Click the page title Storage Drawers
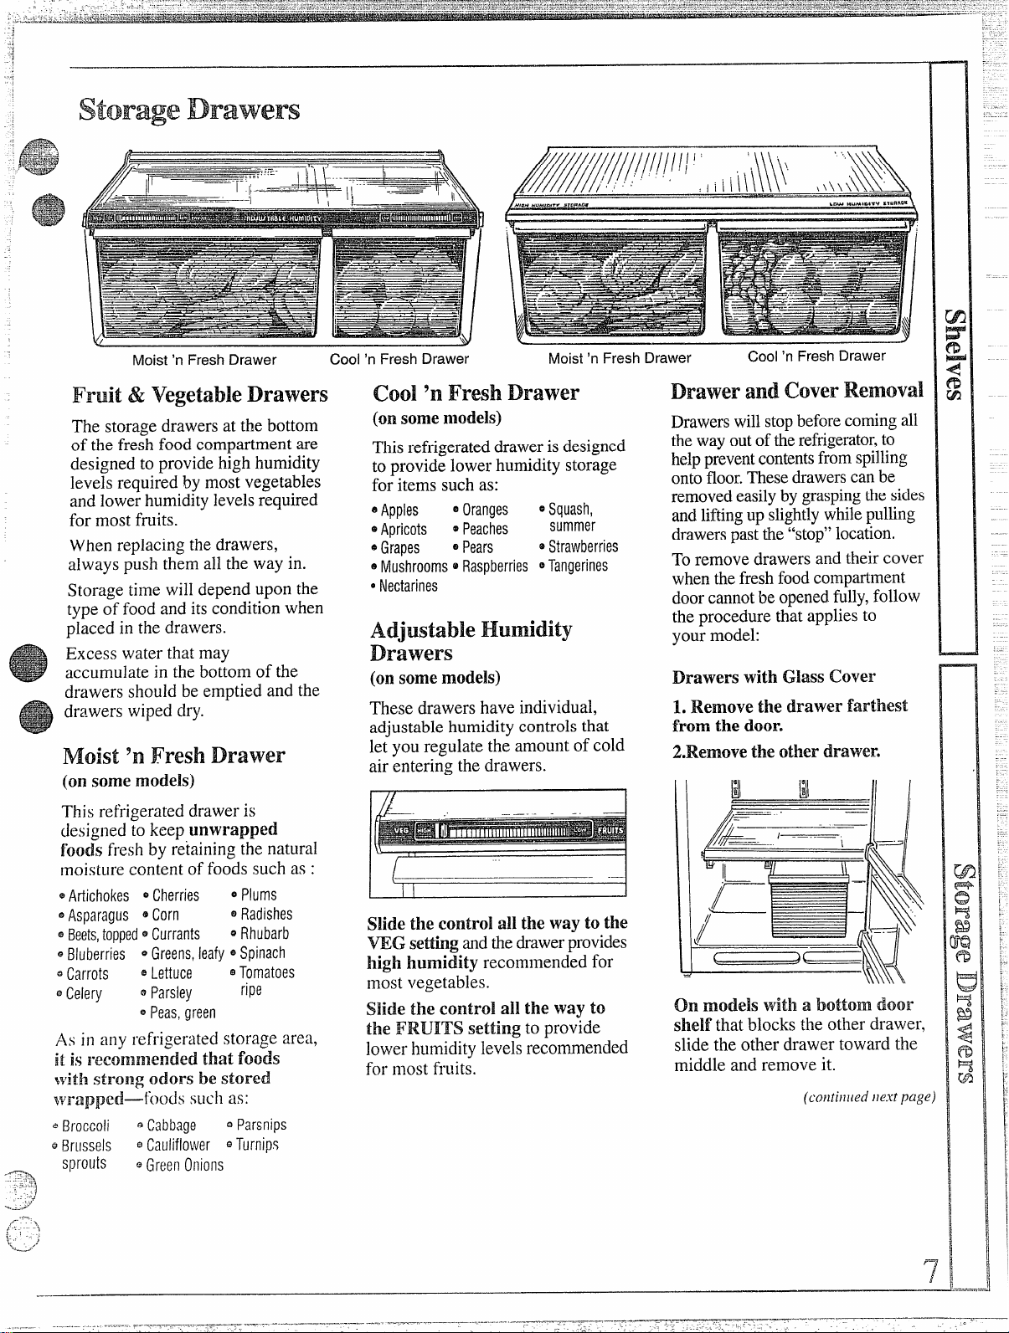pos(189,110)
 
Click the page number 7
pos(930,1271)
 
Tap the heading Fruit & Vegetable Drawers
pos(200,395)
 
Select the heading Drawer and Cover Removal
pos(796,391)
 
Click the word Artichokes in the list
pos(99,895)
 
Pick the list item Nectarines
pos(409,586)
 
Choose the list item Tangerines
pos(578,566)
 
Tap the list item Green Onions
pos(185,1165)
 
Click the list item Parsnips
pos(261,1125)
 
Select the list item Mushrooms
pos(414,567)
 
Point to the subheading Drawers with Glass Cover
pos(774,676)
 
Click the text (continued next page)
pos(868,1097)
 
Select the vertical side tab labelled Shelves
pos(954,356)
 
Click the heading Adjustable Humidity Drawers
pos(471,641)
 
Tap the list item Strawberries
pos(583,546)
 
